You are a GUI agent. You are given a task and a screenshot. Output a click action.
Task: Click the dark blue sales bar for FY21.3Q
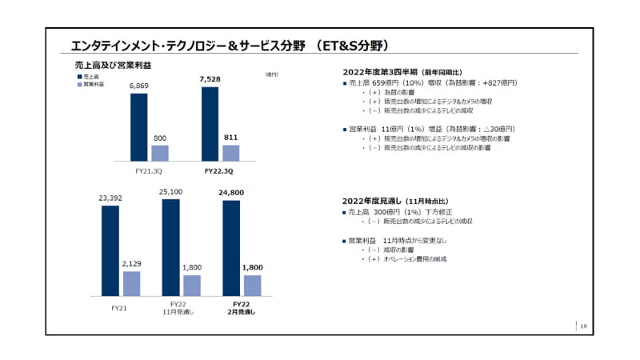138,127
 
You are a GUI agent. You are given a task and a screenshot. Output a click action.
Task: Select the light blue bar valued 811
230,153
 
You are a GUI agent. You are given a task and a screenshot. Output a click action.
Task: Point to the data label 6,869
138,86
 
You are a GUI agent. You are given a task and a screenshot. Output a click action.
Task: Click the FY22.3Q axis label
221,171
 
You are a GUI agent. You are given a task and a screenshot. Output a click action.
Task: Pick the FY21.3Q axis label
149,171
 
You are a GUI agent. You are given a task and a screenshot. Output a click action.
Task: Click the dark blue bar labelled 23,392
110,250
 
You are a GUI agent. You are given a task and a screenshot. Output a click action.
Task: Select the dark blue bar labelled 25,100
170,247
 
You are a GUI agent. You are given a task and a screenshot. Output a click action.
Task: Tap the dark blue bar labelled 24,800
230,248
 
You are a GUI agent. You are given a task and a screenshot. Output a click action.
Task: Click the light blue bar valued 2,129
131,283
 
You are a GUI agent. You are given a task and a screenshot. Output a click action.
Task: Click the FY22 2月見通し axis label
241,309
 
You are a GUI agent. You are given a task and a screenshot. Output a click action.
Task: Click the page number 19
583,326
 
